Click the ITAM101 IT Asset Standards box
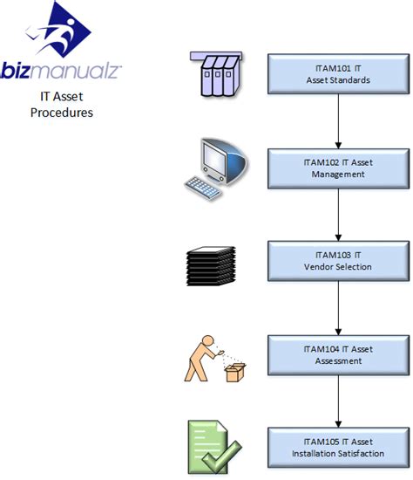coord(336,75)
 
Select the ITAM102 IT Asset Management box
coord(336,168)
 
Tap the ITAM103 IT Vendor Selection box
coord(336,260)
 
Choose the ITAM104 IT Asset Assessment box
coord(336,355)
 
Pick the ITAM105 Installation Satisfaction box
coord(336,448)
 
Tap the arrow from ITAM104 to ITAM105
coord(336,401)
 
